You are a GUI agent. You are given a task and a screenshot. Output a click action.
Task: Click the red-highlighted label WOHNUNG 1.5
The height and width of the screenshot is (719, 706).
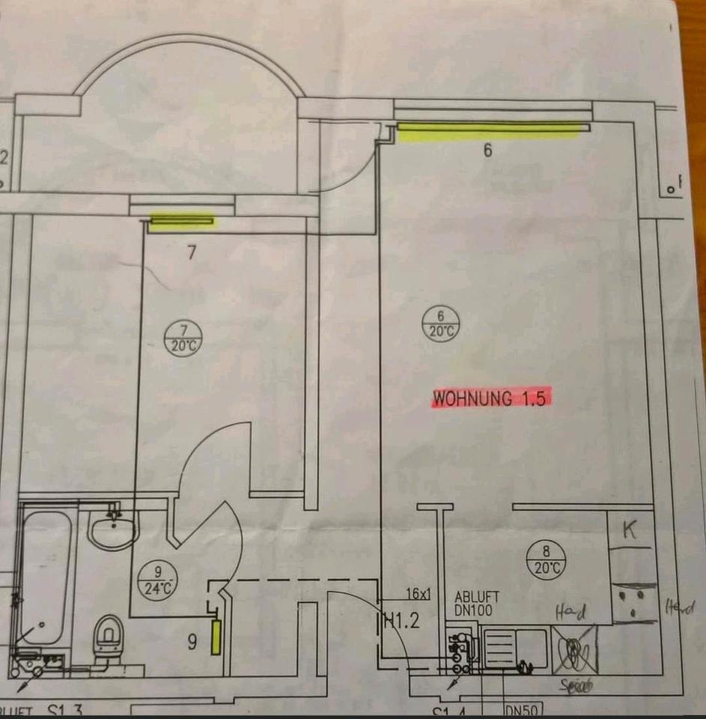click(x=491, y=398)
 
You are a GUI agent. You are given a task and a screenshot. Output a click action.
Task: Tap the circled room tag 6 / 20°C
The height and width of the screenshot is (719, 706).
click(x=441, y=326)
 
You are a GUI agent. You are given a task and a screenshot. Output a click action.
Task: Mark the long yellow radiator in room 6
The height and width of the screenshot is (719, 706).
click(x=488, y=131)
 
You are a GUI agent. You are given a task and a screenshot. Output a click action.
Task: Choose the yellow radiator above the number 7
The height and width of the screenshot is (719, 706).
click(x=182, y=220)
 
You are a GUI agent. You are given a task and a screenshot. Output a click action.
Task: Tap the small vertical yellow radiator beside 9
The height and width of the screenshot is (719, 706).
click(x=216, y=636)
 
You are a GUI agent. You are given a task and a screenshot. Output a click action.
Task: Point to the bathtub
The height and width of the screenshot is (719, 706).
click(x=45, y=577)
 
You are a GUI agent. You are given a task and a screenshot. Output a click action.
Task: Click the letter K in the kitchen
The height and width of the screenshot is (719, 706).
click(x=630, y=532)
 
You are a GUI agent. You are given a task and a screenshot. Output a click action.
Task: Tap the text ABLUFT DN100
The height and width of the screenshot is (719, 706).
click(x=476, y=604)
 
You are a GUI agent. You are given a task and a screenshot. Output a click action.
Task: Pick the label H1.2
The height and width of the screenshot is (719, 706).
click(x=399, y=619)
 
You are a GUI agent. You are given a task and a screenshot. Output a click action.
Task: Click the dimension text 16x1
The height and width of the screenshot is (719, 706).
click(x=419, y=594)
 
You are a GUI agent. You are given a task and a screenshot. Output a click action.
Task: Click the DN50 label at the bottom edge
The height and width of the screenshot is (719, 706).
click(x=523, y=709)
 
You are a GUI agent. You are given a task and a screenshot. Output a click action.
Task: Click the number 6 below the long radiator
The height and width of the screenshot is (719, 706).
click(x=487, y=151)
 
